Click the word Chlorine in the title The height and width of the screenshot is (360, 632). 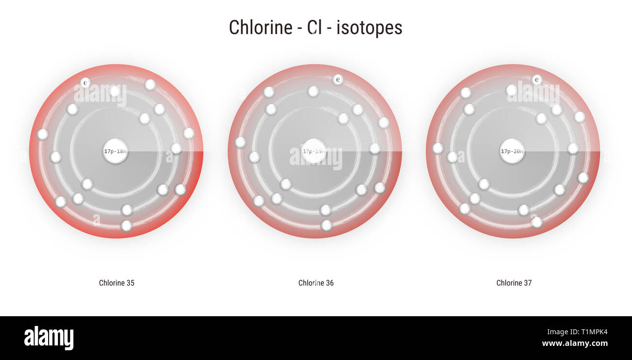[x=260, y=28]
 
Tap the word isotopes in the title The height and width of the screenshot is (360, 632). [x=369, y=28]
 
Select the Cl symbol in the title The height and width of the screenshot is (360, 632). [x=315, y=28]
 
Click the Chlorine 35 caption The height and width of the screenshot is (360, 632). [x=117, y=283]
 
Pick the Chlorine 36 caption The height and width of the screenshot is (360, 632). [x=316, y=283]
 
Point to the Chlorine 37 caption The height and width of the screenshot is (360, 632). [x=514, y=283]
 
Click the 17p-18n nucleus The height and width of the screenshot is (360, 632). [x=115, y=151]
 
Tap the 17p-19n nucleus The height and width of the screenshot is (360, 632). [x=314, y=151]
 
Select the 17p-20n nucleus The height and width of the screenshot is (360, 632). [x=512, y=151]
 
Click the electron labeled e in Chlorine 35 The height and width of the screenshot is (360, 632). [x=86, y=83]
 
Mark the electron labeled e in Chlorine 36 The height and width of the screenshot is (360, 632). [x=338, y=79]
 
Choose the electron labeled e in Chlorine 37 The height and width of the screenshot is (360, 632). [x=537, y=79]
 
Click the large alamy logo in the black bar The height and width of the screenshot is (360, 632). [x=49, y=338]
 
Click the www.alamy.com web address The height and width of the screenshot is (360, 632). [x=575, y=343]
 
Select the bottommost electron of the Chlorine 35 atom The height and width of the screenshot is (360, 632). [x=126, y=226]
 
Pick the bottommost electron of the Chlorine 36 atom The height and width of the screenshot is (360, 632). [x=327, y=225]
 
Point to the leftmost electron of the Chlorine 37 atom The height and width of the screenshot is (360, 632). [x=438, y=148]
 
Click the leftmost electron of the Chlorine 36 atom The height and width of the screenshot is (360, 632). [x=240, y=142]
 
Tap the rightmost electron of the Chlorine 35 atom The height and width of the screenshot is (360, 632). [x=189, y=133]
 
